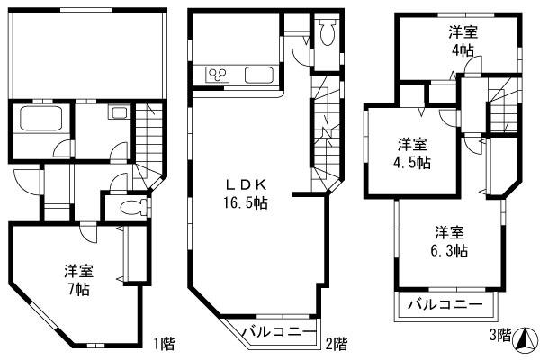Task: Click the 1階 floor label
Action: pyautogui.click(x=163, y=343)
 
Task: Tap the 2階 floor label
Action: pyautogui.click(x=335, y=343)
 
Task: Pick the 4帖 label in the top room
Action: pyautogui.click(x=463, y=50)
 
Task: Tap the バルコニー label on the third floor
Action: pyautogui.click(x=445, y=303)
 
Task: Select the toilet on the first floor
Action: pyautogui.click(x=128, y=207)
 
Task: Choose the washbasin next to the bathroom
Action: pyautogui.click(x=118, y=114)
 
